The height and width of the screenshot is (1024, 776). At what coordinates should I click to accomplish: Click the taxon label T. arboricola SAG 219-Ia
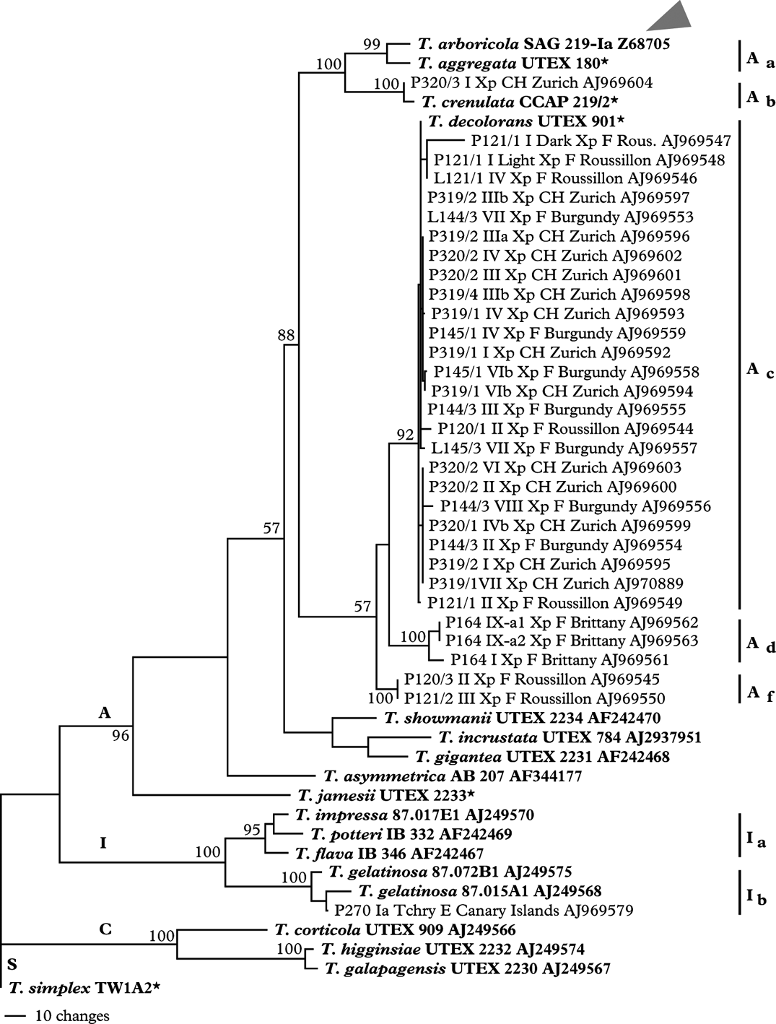tap(543, 44)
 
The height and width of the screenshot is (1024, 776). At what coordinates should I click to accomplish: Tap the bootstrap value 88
tap(287, 334)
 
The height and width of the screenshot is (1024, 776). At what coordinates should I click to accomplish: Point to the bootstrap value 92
tap(405, 435)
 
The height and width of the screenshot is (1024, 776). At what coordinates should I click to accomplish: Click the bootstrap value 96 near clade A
tap(120, 736)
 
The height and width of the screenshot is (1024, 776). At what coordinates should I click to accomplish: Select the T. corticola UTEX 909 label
tap(395, 930)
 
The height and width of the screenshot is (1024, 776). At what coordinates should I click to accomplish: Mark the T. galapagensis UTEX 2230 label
tap(467, 968)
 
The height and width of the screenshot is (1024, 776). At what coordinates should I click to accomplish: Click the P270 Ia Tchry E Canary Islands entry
tap(484, 911)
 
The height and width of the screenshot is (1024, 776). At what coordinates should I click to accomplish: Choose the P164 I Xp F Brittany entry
tap(559, 659)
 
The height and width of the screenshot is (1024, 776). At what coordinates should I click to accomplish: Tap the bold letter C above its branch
tap(105, 929)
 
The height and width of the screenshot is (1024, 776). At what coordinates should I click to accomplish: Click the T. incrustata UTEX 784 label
tap(570, 737)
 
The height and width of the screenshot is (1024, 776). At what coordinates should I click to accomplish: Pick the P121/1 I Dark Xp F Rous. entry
tap(601, 141)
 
